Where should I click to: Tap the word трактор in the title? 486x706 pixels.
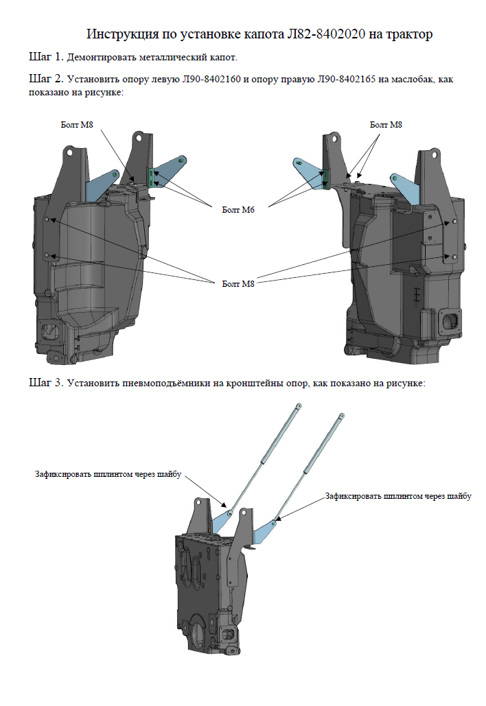410,34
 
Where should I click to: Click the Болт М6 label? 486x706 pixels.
239,210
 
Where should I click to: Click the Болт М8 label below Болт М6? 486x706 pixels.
239,283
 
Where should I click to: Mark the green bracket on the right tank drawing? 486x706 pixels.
326,178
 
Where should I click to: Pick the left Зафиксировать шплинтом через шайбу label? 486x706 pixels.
107,474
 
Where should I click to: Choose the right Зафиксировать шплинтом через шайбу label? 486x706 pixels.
398,495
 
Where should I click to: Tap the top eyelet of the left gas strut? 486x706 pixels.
299,408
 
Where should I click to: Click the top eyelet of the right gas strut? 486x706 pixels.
342,416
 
